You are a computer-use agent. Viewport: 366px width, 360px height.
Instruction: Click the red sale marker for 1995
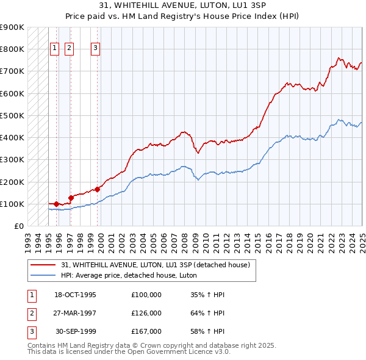(56, 204)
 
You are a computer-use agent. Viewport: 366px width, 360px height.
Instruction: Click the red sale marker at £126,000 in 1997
(71, 198)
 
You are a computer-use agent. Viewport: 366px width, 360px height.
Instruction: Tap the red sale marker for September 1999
(97, 189)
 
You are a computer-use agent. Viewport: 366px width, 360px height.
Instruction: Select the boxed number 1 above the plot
(54, 49)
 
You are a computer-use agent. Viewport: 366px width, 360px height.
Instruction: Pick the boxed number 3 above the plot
(96, 49)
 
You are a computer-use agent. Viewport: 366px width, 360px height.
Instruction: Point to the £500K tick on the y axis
(13, 115)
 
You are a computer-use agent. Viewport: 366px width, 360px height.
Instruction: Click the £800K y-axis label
(13, 49)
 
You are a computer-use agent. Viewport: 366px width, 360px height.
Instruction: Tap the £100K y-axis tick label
(13, 204)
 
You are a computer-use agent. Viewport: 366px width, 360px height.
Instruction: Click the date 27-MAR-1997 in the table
(75, 313)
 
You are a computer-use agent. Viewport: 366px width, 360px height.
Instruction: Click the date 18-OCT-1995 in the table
(75, 295)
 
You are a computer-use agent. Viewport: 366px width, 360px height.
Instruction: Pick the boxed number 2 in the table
(30, 313)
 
